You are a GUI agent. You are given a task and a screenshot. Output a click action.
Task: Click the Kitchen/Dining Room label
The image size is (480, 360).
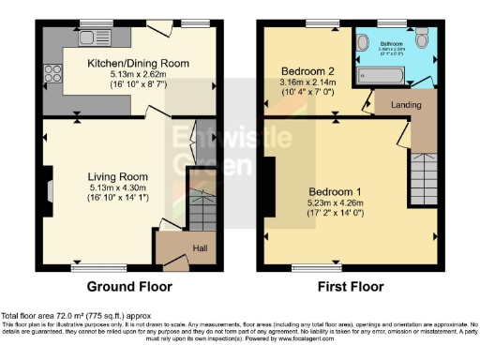point(139,62)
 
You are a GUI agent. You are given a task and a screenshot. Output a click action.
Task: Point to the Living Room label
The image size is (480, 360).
point(119,176)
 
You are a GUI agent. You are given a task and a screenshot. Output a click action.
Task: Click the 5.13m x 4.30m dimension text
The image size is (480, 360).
point(119,187)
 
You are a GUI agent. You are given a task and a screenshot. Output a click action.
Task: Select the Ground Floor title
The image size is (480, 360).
point(127,286)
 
